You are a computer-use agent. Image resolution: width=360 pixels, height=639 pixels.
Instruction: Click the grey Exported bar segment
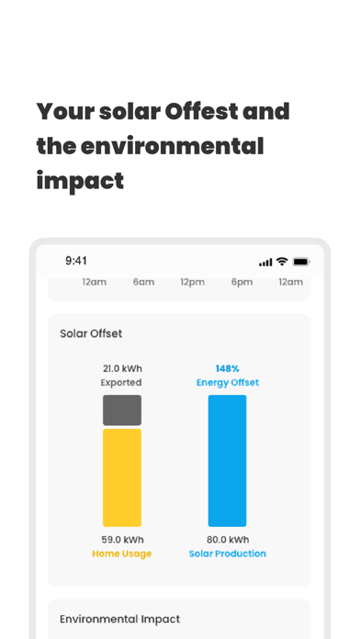[x=122, y=409]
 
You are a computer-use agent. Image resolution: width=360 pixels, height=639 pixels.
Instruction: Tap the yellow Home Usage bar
[x=122, y=477]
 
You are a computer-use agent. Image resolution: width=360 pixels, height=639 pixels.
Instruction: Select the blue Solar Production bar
[x=227, y=460]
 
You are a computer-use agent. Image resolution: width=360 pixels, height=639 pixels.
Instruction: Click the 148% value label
[x=227, y=368]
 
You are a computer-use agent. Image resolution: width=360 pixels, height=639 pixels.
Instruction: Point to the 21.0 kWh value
[x=122, y=369]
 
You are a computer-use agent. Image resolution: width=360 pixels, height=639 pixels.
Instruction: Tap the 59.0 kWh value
[x=122, y=540]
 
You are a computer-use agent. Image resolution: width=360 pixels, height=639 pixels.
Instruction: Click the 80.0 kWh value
[x=227, y=540]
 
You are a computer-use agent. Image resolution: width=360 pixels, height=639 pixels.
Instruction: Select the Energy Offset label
[x=227, y=382]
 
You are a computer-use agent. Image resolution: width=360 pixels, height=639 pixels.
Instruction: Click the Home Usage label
[x=122, y=554]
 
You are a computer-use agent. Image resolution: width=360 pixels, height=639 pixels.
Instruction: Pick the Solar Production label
[x=227, y=554]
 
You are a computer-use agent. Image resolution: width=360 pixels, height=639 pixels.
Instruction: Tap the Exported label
[x=122, y=382]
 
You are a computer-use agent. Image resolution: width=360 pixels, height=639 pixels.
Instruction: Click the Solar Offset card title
[x=91, y=333]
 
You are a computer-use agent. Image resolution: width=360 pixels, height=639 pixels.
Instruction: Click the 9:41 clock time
[x=76, y=261]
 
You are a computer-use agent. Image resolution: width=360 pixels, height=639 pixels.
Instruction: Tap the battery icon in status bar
[x=301, y=262]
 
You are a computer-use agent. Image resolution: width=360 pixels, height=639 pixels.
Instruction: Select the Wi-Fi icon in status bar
[x=282, y=262]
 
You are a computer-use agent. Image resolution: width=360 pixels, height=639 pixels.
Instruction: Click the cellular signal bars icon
[x=265, y=262]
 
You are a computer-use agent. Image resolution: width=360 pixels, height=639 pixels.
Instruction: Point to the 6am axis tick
[x=143, y=282]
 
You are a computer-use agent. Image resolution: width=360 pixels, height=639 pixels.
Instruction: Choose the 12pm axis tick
[x=192, y=282]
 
